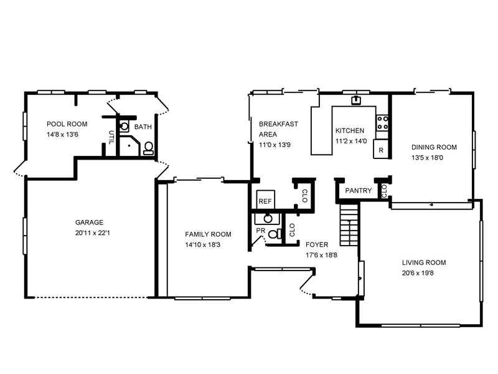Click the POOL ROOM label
[x=67, y=124]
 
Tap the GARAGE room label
[x=89, y=223]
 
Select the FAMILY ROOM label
[x=208, y=234]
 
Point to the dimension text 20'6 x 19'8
[x=418, y=273]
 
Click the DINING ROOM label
[x=434, y=147]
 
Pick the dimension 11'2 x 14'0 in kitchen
[x=351, y=141]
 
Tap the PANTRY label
[x=359, y=191]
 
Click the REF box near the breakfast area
[x=266, y=199]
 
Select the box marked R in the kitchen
[x=381, y=149]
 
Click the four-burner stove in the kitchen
[x=382, y=123]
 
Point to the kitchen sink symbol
[x=356, y=100]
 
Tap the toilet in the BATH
[x=148, y=148]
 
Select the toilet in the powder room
[x=275, y=234]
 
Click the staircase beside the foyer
[x=350, y=224]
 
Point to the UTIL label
[x=111, y=137]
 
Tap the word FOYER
[x=317, y=244]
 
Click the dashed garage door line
[x=90, y=298]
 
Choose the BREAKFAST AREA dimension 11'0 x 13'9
[x=275, y=145]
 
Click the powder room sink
[x=268, y=219]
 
